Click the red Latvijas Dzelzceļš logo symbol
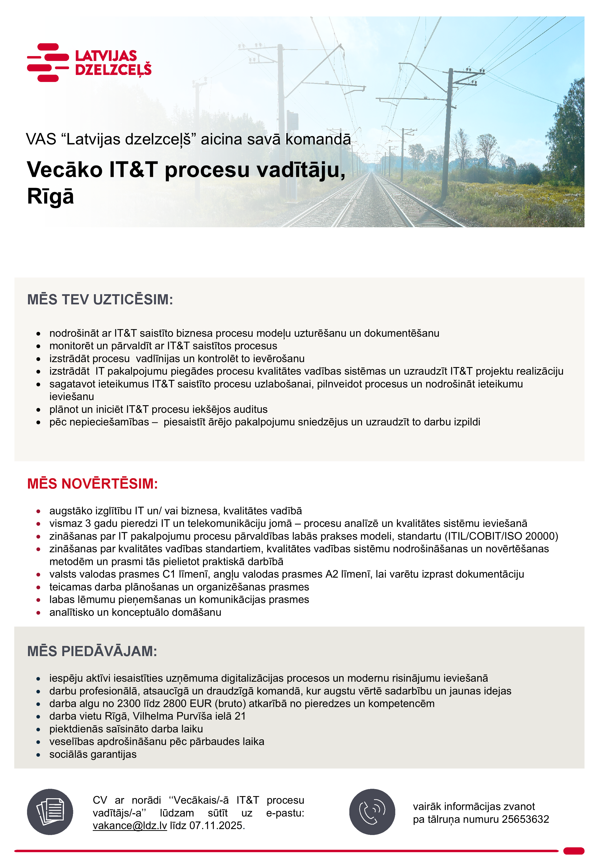tap(48, 62)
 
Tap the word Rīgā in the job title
tap(50, 196)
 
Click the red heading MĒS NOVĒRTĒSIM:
tap(93, 483)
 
